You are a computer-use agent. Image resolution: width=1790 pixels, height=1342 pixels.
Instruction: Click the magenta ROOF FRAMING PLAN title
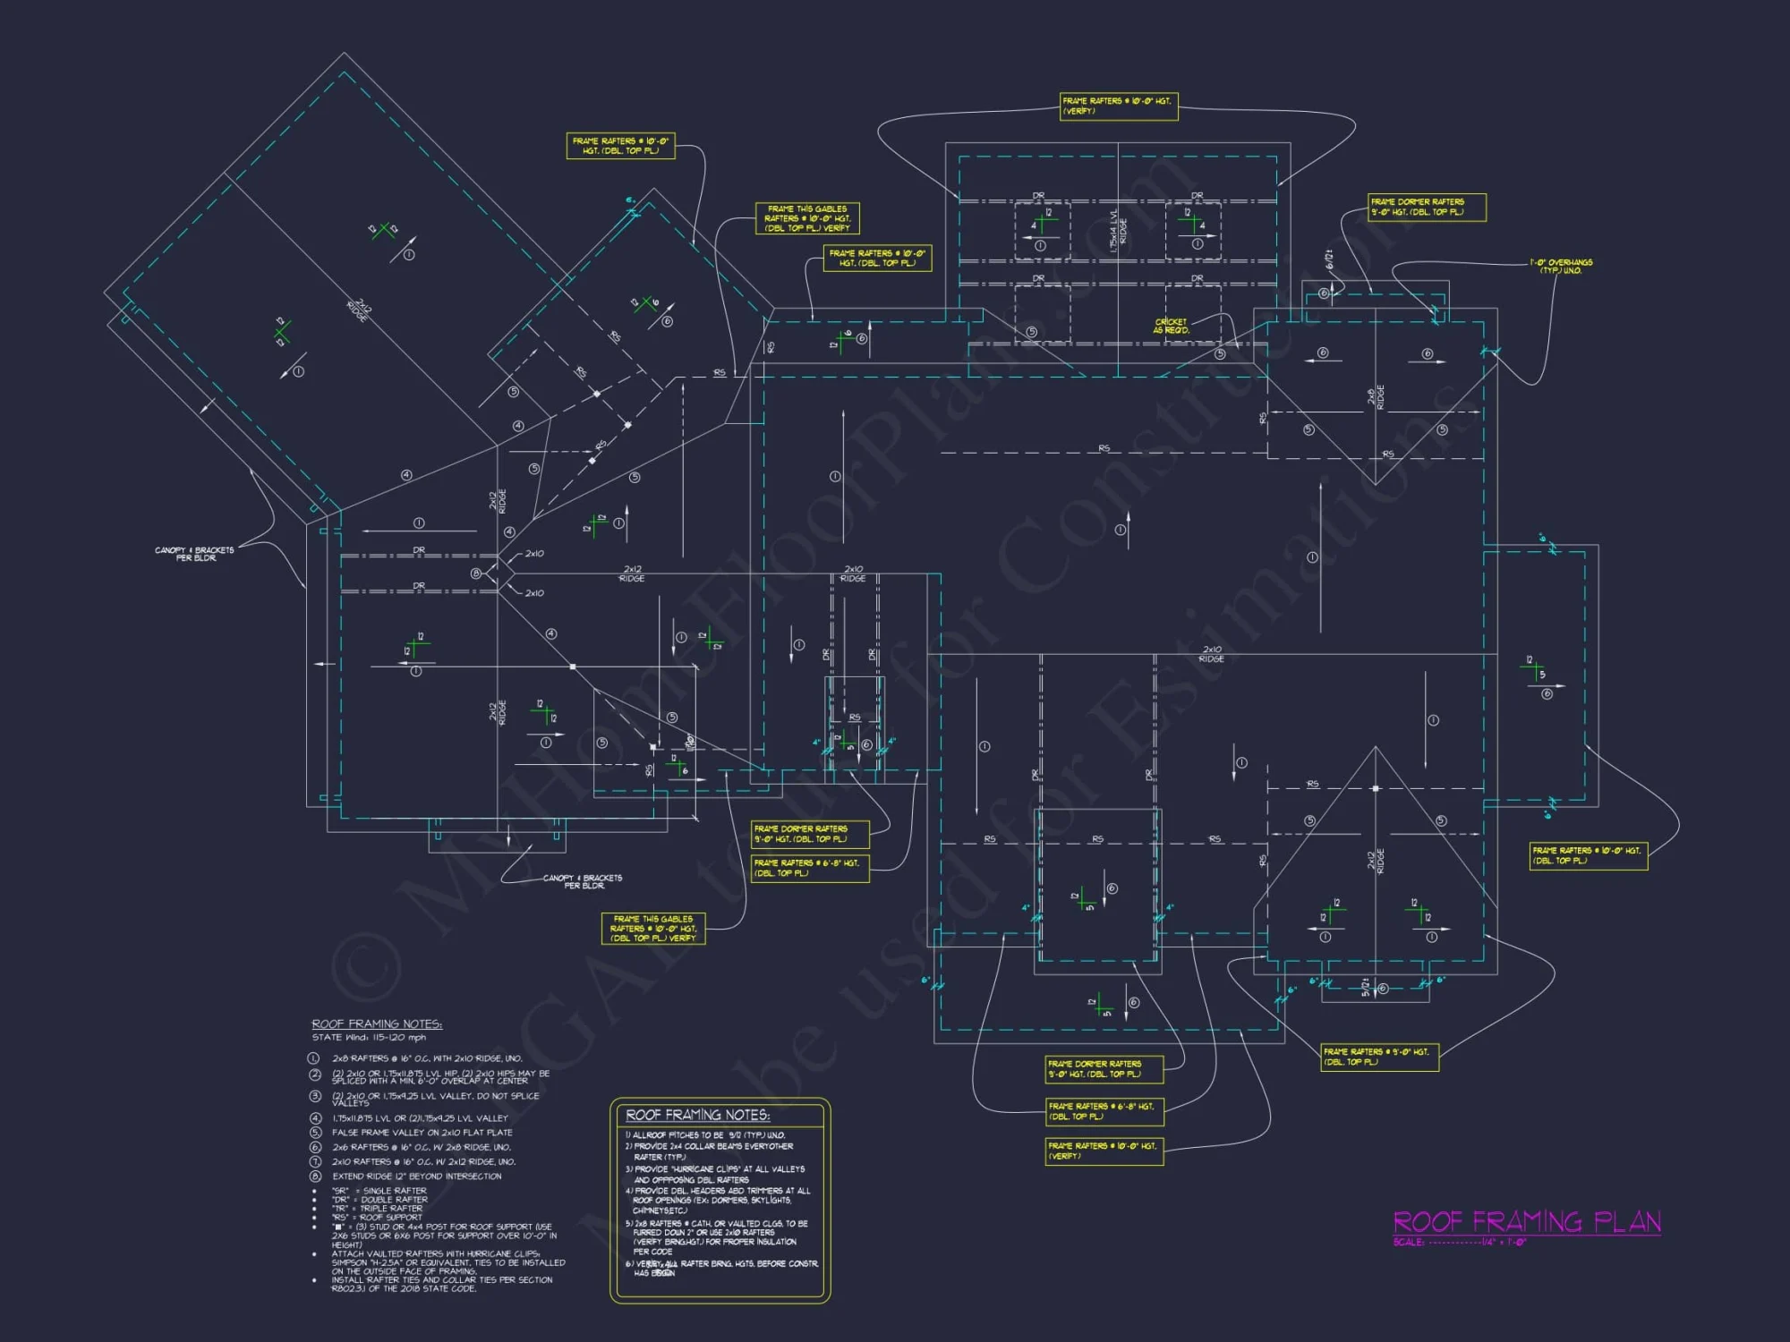point(1526,1222)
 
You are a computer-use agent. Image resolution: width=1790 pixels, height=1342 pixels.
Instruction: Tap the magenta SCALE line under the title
point(1460,1242)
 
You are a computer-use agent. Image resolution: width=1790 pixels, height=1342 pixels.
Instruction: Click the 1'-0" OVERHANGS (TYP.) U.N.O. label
point(1561,267)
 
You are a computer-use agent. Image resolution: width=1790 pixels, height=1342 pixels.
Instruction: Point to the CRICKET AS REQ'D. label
point(1171,327)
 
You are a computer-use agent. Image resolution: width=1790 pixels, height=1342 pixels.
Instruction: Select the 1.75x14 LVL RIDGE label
point(1118,231)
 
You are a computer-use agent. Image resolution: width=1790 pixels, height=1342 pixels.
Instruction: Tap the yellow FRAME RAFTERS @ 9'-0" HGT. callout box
point(1379,1057)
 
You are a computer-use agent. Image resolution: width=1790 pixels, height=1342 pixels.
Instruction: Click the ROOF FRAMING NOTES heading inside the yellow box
point(697,1115)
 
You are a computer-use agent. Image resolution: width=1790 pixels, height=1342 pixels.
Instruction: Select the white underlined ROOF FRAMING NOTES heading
point(377,1023)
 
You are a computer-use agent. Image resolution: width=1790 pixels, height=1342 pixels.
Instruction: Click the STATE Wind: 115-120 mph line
point(369,1038)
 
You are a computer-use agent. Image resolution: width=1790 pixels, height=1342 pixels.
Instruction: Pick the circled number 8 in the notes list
point(315,1176)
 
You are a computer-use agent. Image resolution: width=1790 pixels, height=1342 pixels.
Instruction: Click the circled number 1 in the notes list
point(314,1058)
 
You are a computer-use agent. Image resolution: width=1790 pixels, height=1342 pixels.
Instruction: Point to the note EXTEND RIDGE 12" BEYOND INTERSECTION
point(416,1176)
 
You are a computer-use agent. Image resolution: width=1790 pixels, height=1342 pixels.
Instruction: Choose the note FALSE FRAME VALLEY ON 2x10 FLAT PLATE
point(422,1133)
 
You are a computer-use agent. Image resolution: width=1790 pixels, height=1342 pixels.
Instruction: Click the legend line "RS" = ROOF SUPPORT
point(377,1218)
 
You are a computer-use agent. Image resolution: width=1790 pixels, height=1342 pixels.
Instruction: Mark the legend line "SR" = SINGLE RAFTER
point(379,1191)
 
